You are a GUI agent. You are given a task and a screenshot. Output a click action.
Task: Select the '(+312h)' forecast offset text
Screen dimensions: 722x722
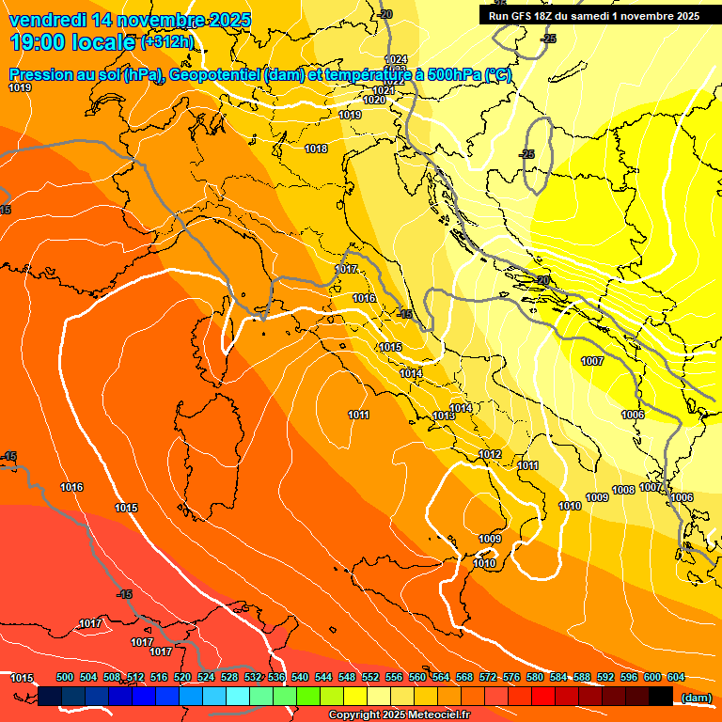tap(166, 42)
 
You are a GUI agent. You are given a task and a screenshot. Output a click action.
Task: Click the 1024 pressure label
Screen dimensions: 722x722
tap(397, 59)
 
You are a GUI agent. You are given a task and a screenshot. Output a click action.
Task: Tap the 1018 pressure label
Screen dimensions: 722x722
tap(316, 149)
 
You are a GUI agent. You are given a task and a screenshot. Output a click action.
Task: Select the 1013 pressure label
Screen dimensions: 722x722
tap(444, 416)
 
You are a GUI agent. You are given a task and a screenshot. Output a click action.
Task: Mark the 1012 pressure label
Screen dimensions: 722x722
tap(490, 454)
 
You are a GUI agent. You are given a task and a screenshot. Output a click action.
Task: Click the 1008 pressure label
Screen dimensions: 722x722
tap(623, 490)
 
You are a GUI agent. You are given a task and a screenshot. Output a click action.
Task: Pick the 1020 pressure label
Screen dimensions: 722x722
tap(373, 100)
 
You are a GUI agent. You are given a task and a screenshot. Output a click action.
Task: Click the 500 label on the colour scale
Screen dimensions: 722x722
tap(65, 677)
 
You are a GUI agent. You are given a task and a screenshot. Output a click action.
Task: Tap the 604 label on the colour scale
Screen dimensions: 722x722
tap(675, 677)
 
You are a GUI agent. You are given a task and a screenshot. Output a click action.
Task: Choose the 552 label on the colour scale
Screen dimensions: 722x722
tap(370, 677)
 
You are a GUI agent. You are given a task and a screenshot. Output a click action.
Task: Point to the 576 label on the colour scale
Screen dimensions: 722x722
tap(511, 677)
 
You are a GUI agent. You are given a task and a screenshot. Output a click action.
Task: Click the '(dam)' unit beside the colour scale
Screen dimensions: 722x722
tap(696, 697)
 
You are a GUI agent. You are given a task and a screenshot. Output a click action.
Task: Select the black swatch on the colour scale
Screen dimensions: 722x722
tap(661, 697)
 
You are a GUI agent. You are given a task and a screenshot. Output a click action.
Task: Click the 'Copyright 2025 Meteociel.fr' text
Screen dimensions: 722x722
tap(399, 715)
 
